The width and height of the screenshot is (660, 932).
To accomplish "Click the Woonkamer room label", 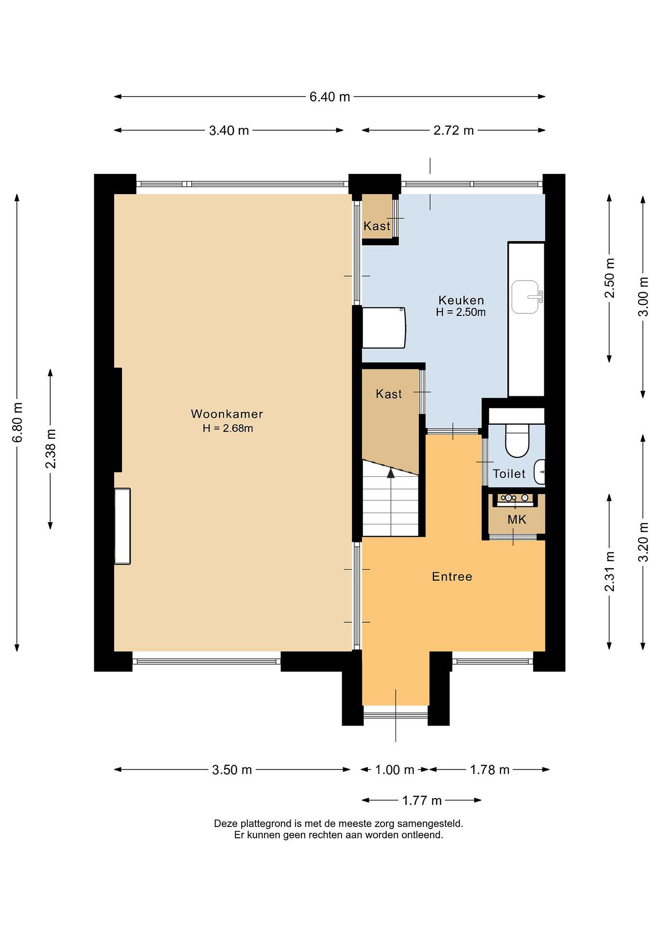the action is [x=227, y=414].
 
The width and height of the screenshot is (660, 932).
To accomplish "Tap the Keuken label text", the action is [x=461, y=300].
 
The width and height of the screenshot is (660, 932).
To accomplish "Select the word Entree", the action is [x=452, y=577].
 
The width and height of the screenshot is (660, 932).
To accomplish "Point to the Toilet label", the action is [x=509, y=474].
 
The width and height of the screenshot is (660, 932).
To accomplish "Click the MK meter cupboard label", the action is [x=517, y=520].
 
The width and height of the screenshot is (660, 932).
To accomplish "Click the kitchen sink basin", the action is [x=525, y=297].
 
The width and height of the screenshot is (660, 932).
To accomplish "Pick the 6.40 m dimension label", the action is [x=330, y=97].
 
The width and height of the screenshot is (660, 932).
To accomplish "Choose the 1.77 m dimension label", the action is [x=422, y=801].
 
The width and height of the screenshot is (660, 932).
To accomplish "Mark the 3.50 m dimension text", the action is [x=232, y=770].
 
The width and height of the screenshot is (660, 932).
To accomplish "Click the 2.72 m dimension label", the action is [x=454, y=130].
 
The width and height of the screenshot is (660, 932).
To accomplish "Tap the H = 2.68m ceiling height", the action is [x=227, y=428].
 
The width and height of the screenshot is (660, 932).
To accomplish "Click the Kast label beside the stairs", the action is [x=389, y=394].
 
